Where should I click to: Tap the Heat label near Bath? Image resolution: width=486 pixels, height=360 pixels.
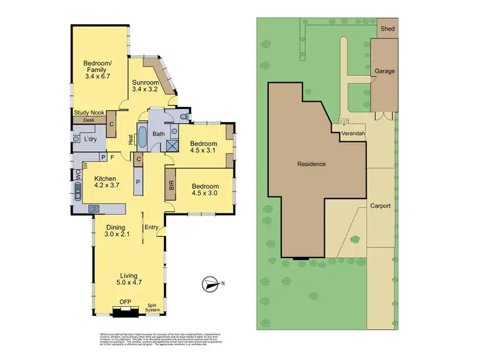pyautogui.click(x=131, y=138)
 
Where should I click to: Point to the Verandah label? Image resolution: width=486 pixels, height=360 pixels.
pyautogui.click(x=350, y=134)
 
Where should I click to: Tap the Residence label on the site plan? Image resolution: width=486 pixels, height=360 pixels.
pyautogui.click(x=312, y=164)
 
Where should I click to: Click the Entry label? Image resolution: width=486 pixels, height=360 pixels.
pyautogui.click(x=152, y=226)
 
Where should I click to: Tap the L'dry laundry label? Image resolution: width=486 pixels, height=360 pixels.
pyautogui.click(x=90, y=139)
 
